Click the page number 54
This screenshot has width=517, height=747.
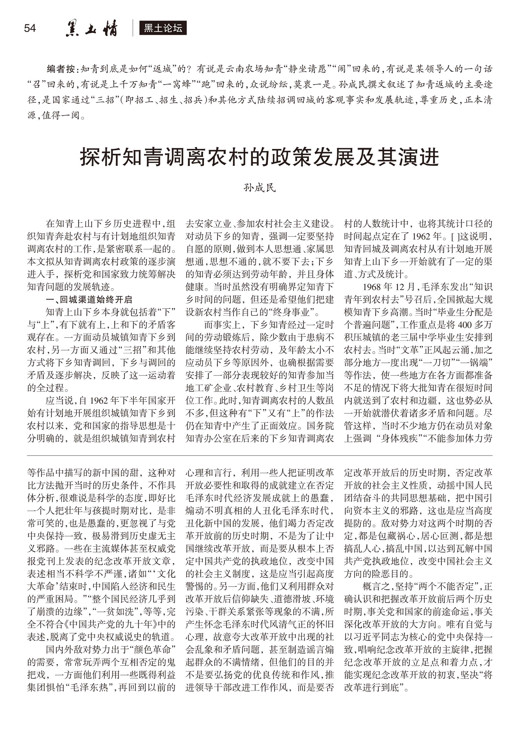[x=30, y=28]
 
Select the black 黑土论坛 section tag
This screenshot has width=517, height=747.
[x=163, y=28]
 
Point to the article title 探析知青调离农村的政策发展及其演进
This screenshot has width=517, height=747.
[x=259, y=157]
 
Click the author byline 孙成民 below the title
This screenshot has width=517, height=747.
[x=259, y=188]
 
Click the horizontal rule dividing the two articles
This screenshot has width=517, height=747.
[x=259, y=456]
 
